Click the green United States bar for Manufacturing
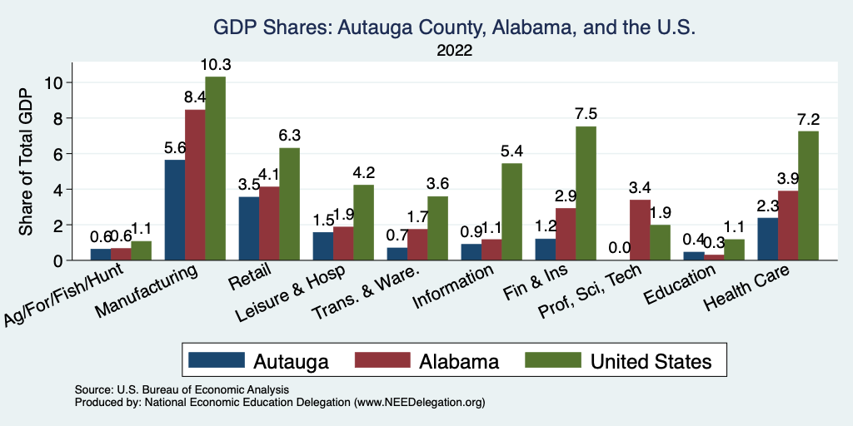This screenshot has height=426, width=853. click(x=215, y=169)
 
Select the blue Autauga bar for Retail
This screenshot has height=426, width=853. click(x=248, y=229)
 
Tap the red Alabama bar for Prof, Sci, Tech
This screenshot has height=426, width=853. click(x=640, y=230)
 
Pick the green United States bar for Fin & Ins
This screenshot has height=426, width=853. click(x=586, y=194)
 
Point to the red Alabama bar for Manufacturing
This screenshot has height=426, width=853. click(x=195, y=186)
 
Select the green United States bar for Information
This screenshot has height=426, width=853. click(x=512, y=212)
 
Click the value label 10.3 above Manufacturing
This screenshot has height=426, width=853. click(x=215, y=65)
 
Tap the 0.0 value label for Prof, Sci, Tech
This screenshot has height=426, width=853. click(x=620, y=247)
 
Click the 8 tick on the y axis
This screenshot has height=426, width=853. click(x=57, y=118)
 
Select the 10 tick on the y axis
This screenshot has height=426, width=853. click(x=54, y=82)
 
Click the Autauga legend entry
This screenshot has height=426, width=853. click(x=259, y=361)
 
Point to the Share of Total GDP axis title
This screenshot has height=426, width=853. click(x=27, y=161)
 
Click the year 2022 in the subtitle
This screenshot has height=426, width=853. click(x=455, y=51)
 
